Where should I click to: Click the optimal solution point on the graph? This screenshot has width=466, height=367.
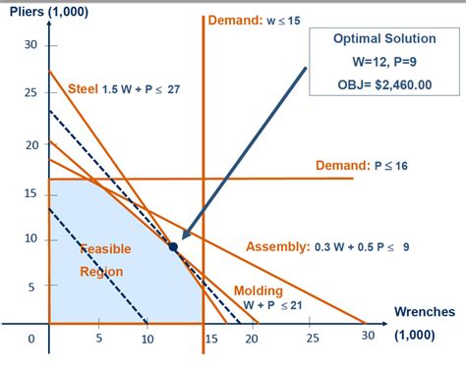[x=173, y=246]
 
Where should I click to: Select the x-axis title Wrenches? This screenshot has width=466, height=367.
[x=424, y=312]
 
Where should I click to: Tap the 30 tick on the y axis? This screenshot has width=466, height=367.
[x=30, y=45]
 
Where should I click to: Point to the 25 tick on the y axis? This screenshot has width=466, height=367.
[x=30, y=93]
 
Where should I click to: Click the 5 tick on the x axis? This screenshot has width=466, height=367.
[x=98, y=339]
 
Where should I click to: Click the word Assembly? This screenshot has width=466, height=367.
[x=277, y=245]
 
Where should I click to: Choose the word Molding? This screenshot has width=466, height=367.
[x=259, y=290]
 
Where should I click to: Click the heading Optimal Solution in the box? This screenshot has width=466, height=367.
[x=382, y=40]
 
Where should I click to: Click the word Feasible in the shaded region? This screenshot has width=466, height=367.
[x=105, y=248]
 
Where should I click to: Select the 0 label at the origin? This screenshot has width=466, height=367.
[x=30, y=339]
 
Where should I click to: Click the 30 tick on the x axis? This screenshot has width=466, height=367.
[x=368, y=339]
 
